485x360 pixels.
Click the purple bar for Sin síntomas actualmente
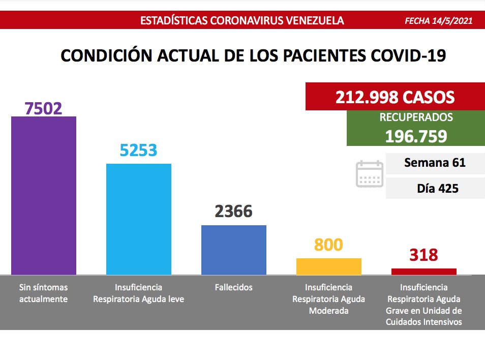pos(44,196)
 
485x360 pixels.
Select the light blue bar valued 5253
pos(138,219)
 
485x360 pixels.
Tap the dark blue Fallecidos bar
pos(234,250)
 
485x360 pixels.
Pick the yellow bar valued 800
pos(328,266)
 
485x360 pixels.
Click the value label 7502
pos(44,108)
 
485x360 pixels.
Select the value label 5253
pos(138,150)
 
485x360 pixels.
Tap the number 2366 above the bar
pos(234,212)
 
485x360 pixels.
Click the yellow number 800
pos(328,245)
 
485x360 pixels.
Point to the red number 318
pos(423,255)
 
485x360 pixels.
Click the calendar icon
pos(369,174)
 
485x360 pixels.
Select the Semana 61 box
pos(435,163)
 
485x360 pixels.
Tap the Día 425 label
pos(437,188)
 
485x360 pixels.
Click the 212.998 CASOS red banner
pos(395,97)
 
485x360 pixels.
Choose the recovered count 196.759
pos(416,136)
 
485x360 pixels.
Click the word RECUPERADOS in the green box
pos(416,117)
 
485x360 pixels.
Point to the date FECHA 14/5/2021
pos(439,21)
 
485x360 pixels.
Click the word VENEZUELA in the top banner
pos(312,21)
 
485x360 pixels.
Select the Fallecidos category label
pos(234,287)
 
